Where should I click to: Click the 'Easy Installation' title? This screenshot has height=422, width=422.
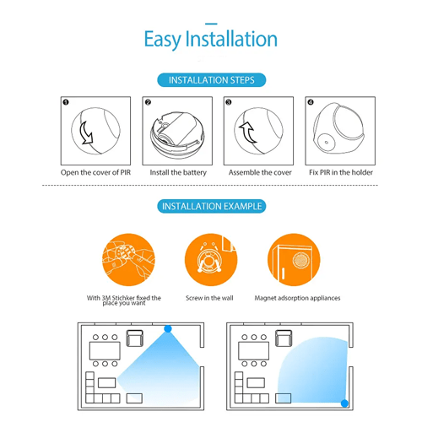pyautogui.click(x=211, y=39)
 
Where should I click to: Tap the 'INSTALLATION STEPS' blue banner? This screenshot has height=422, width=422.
pyautogui.click(x=211, y=80)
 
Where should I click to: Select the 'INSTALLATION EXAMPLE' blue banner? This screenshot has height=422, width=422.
pyautogui.click(x=211, y=206)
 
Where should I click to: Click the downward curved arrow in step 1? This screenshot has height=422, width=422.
pyautogui.click(x=86, y=133)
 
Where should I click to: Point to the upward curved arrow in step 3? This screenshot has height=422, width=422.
pyautogui.click(x=248, y=133)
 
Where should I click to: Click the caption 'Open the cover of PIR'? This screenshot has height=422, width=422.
pyautogui.click(x=95, y=172)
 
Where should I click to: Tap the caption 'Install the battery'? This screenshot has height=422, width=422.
pyautogui.click(x=178, y=172)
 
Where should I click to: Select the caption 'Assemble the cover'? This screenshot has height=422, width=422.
pyautogui.click(x=260, y=172)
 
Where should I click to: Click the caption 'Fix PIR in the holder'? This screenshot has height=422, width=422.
pyautogui.click(x=341, y=172)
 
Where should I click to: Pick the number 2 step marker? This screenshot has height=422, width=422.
pyautogui.click(x=148, y=102)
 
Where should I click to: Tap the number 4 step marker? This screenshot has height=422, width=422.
pyautogui.click(x=311, y=102)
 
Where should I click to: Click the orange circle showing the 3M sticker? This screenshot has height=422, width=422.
pyautogui.click(x=128, y=260)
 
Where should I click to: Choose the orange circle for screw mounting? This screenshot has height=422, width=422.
pyautogui.click(x=211, y=260)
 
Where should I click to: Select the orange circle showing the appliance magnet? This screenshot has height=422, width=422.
pyautogui.click(x=294, y=260)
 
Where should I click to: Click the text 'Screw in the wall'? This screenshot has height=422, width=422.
pyautogui.click(x=209, y=298)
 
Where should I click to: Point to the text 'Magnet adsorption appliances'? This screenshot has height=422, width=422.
pyautogui.click(x=297, y=298)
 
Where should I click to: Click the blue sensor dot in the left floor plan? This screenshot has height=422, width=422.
pyautogui.click(x=168, y=328)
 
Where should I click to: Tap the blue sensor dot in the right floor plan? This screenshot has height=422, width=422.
pyautogui.click(x=344, y=403)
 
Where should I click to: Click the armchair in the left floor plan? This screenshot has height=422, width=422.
pyautogui.click(x=135, y=338)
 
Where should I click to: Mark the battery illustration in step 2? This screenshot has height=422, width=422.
pyautogui.click(x=176, y=129)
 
